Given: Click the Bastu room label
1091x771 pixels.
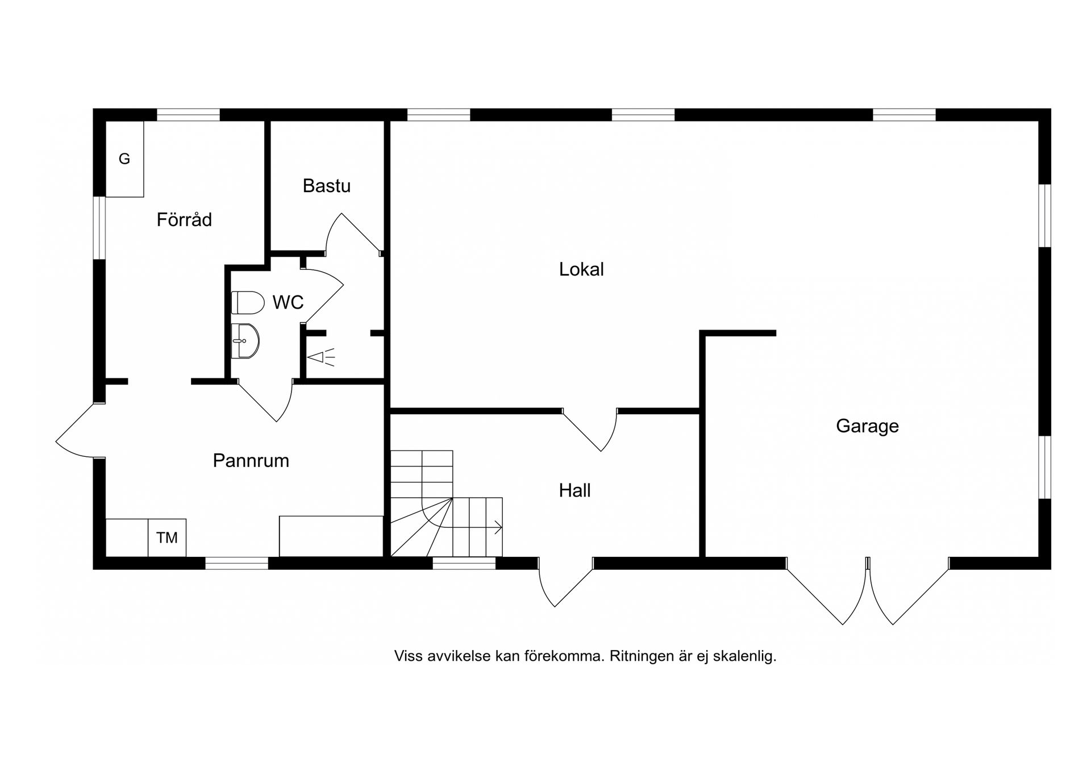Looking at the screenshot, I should [326, 186].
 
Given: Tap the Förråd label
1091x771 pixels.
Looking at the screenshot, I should [184, 219].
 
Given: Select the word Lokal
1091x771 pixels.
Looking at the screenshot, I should [581, 269].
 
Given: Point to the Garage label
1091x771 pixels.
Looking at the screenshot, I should [867, 426].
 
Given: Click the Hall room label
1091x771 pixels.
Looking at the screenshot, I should [574, 490].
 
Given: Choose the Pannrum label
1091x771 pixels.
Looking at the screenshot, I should [251, 460].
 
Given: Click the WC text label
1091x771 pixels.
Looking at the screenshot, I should [288, 302].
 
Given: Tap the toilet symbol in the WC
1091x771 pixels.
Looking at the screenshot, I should [248, 303].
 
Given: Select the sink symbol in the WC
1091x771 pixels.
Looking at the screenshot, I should [245, 341].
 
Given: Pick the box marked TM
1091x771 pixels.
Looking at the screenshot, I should [166, 537].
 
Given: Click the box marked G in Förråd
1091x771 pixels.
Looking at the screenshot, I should [124, 159].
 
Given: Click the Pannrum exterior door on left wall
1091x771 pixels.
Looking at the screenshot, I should [80, 432].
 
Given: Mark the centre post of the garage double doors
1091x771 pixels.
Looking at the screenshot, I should [868, 563].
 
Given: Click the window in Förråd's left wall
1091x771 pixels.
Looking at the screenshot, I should [99, 227].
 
